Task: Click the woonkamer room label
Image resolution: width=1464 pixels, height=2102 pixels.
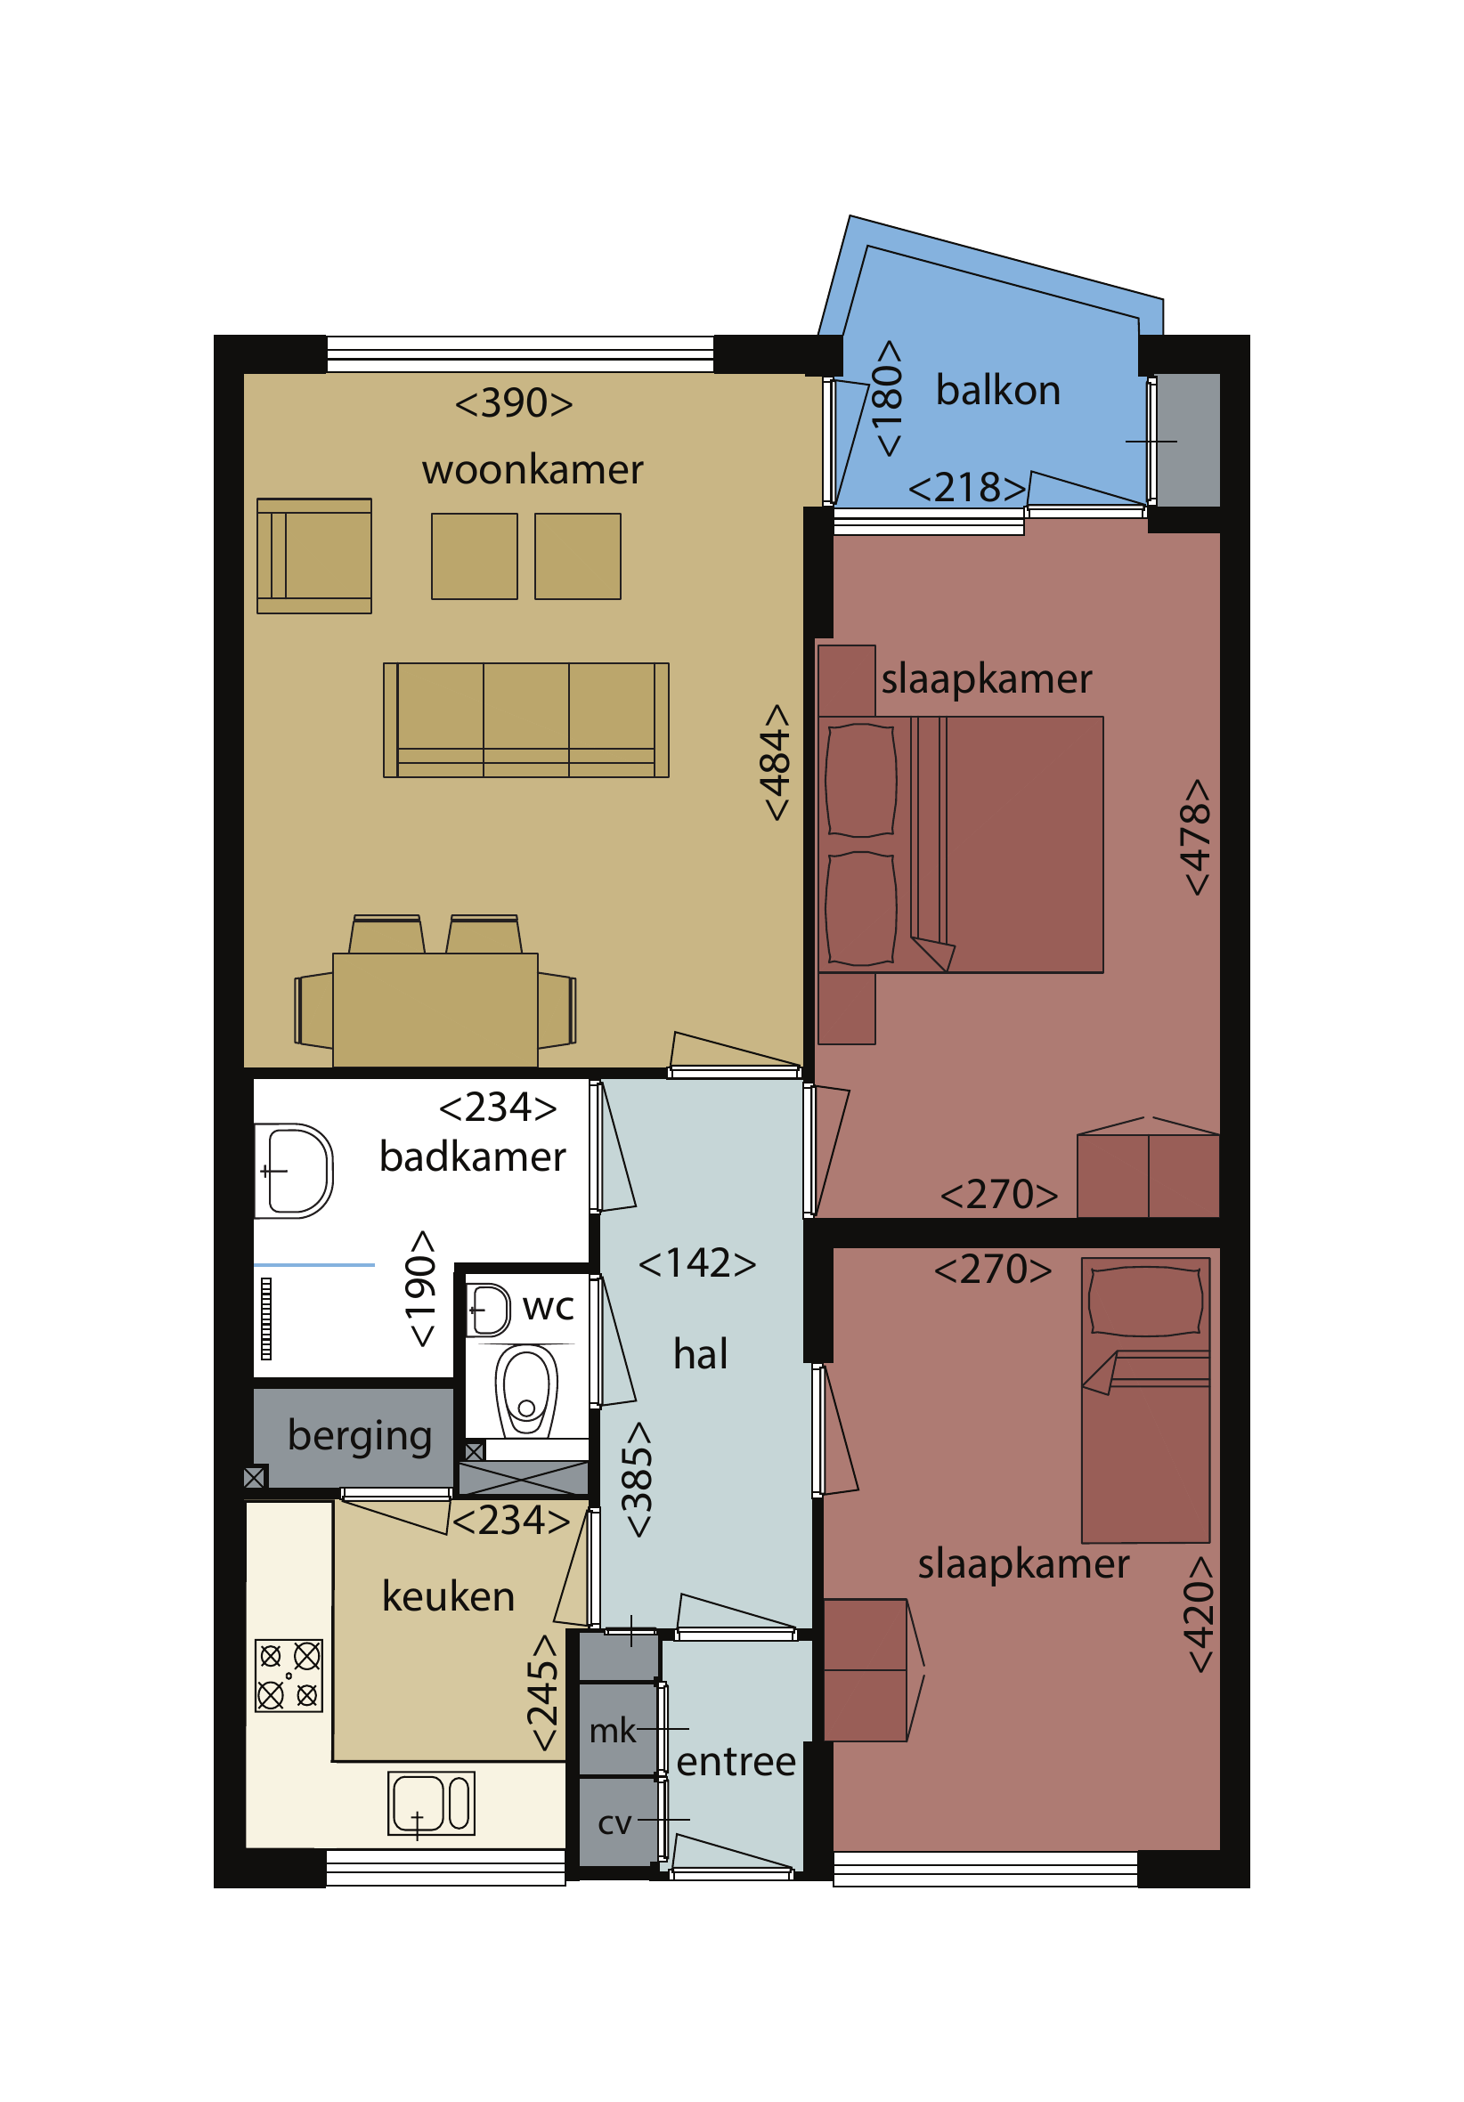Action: pyautogui.click(x=532, y=470)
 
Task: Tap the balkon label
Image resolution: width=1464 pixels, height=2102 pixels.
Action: pyautogui.click(x=998, y=390)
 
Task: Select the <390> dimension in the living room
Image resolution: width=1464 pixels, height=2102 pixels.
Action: pyautogui.click(x=514, y=402)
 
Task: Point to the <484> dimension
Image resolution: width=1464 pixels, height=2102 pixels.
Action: pyautogui.click(x=776, y=762)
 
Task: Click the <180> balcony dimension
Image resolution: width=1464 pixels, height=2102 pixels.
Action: pyautogui.click(x=887, y=398)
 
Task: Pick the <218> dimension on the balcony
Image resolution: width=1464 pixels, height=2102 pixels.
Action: pyautogui.click(x=967, y=487)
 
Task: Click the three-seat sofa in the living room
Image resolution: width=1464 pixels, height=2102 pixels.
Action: pyautogui.click(x=525, y=719)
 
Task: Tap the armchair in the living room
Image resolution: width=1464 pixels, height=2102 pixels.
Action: pyautogui.click(x=314, y=556)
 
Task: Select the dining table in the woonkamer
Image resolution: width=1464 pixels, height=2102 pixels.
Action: pyautogui.click(x=435, y=1009)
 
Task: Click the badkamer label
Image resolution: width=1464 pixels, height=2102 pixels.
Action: pyautogui.click(x=473, y=1157)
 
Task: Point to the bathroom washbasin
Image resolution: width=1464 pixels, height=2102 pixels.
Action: pyautogui.click(x=293, y=1171)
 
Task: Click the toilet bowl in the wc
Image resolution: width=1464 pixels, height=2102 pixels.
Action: pyautogui.click(x=526, y=1390)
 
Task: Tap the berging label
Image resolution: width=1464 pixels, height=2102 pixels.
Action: pyautogui.click(x=360, y=1435)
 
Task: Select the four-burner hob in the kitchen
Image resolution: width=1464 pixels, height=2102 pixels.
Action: pyautogui.click(x=289, y=1676)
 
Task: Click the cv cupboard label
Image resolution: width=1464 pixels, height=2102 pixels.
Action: pyautogui.click(x=614, y=1822)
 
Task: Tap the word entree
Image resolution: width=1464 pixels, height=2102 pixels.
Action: pyautogui.click(x=736, y=1761)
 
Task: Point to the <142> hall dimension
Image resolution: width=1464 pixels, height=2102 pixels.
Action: pyautogui.click(x=696, y=1263)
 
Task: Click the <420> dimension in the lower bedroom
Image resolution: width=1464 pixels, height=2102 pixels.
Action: pyautogui.click(x=1199, y=1615)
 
